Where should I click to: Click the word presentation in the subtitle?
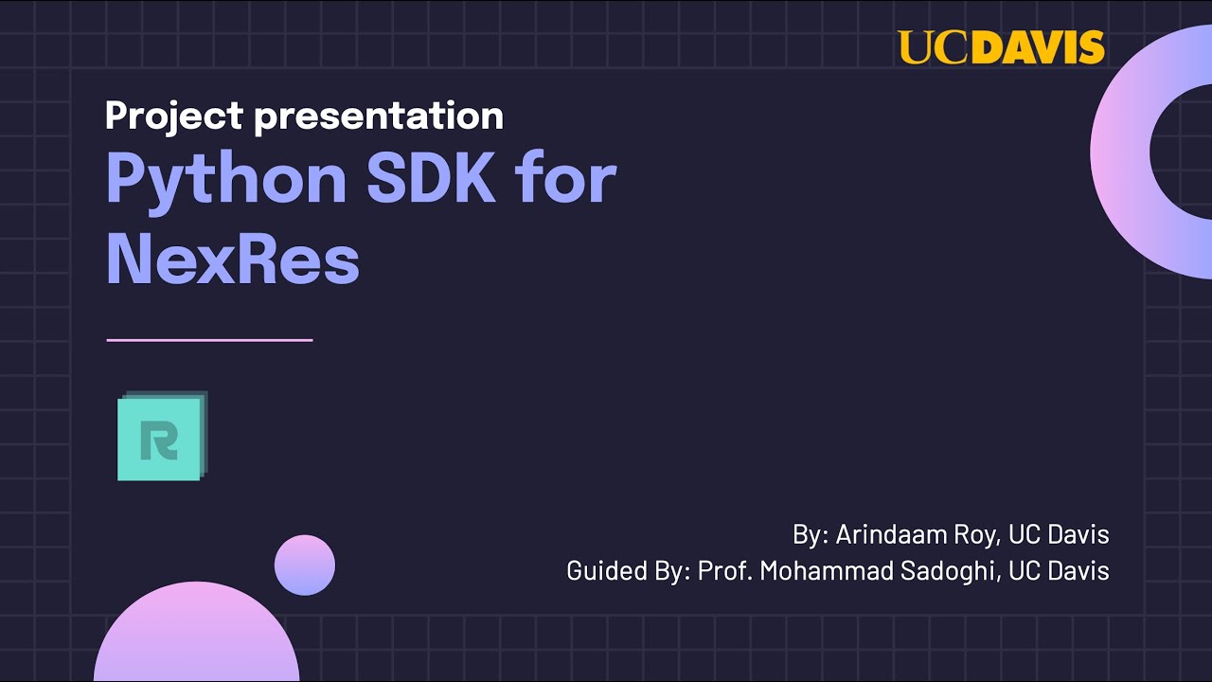coord(379,116)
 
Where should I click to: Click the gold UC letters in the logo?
coord(931,47)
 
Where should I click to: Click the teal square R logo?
coord(161,438)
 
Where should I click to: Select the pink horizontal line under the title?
coord(209,339)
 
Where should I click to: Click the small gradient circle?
coord(305,565)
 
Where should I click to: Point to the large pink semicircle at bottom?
coord(197,639)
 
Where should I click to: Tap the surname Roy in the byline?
coord(976,534)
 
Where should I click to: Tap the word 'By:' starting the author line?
coord(811,534)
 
